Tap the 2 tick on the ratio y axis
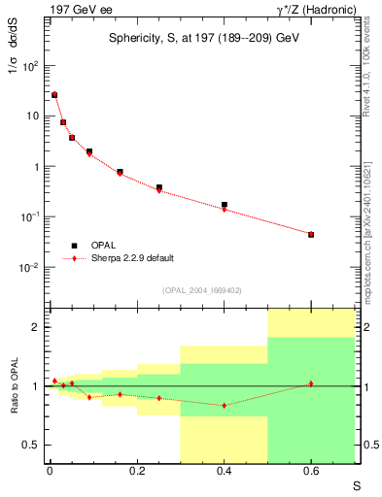point(36,327)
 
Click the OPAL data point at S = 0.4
point(225,205)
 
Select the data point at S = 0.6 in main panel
point(311,235)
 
